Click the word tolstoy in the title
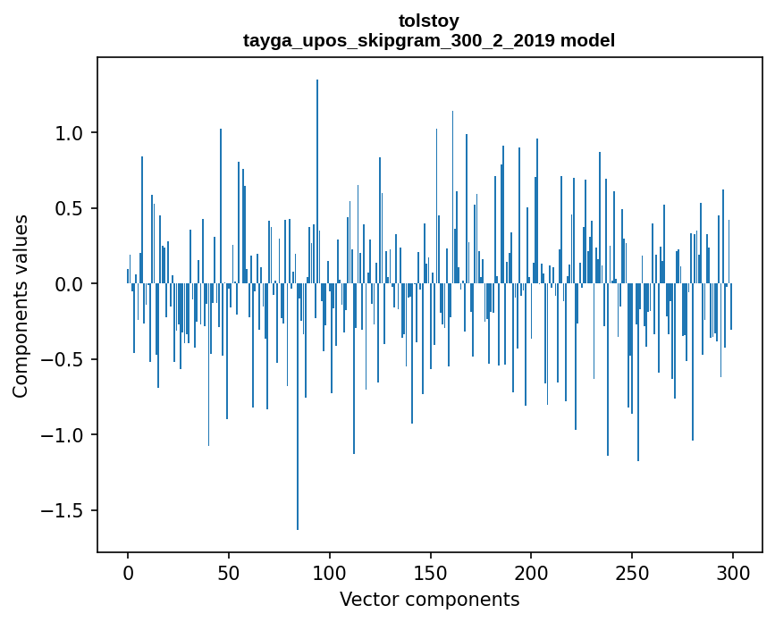pyautogui.click(x=428, y=21)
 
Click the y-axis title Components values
pyautogui.click(x=21, y=306)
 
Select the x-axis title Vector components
pyautogui.click(x=429, y=599)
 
